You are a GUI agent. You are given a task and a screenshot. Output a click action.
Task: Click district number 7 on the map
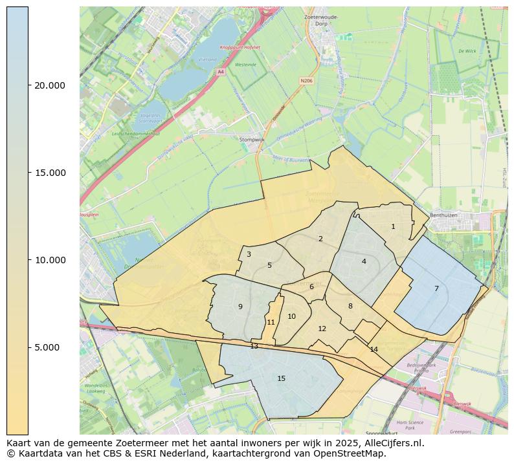pyautogui.click(x=436, y=288)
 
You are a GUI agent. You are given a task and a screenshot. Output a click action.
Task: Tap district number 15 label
pyautogui.click(x=281, y=378)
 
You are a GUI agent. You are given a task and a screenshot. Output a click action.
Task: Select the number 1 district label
pyautogui.click(x=393, y=226)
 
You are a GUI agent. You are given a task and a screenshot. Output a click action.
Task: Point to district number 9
pyautogui.click(x=240, y=307)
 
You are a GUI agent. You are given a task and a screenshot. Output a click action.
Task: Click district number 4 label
pyautogui.click(x=364, y=261)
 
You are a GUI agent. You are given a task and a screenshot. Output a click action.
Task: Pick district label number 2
pyautogui.click(x=320, y=239)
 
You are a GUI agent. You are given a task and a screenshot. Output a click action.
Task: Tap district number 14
pyautogui.click(x=374, y=349)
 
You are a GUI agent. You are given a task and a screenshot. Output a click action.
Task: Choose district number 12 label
pyautogui.click(x=322, y=329)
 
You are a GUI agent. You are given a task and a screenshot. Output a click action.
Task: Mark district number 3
pyautogui.click(x=249, y=254)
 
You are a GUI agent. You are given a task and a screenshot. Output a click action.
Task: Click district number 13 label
pyautogui.click(x=254, y=346)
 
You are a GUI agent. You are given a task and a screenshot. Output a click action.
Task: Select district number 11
pyautogui.click(x=271, y=322)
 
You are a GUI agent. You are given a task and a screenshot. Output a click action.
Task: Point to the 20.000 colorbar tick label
pyautogui.click(x=49, y=85)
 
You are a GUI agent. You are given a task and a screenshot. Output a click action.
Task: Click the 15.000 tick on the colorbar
pyautogui.click(x=49, y=173)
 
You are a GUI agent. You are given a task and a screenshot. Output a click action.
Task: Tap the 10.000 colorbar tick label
pyautogui.click(x=49, y=260)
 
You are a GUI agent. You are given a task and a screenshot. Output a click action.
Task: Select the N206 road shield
pyautogui.click(x=306, y=81)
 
